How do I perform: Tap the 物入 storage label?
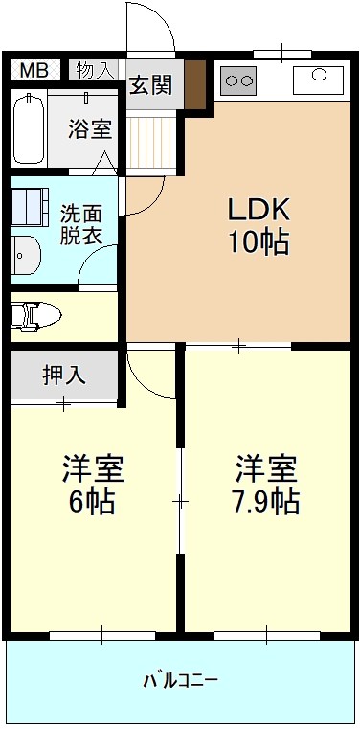coord(94,70)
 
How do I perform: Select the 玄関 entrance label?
coord(151,85)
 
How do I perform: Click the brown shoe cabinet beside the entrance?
coord(195,84)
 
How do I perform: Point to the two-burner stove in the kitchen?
coord(238,81)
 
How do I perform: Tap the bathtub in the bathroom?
coord(28,129)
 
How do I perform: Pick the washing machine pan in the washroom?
coord(31,206)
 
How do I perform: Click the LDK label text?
coord(257,209)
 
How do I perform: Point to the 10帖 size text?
coord(257,242)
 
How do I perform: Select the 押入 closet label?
coord(64,375)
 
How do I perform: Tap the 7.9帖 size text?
coord(267,500)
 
